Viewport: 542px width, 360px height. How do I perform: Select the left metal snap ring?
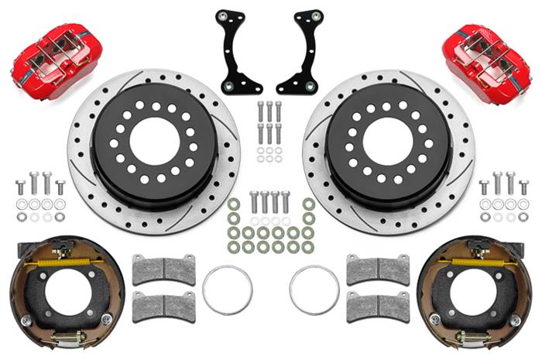pyautogui.click(x=227, y=290)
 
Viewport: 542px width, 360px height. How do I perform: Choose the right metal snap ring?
pyautogui.click(x=314, y=290)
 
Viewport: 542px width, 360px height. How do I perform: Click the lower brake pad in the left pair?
pyautogui.click(x=164, y=307)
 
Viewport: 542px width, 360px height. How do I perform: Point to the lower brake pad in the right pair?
pyautogui.click(x=377, y=307)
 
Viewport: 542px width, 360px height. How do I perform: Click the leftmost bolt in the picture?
pyautogui.click(x=20, y=187)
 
